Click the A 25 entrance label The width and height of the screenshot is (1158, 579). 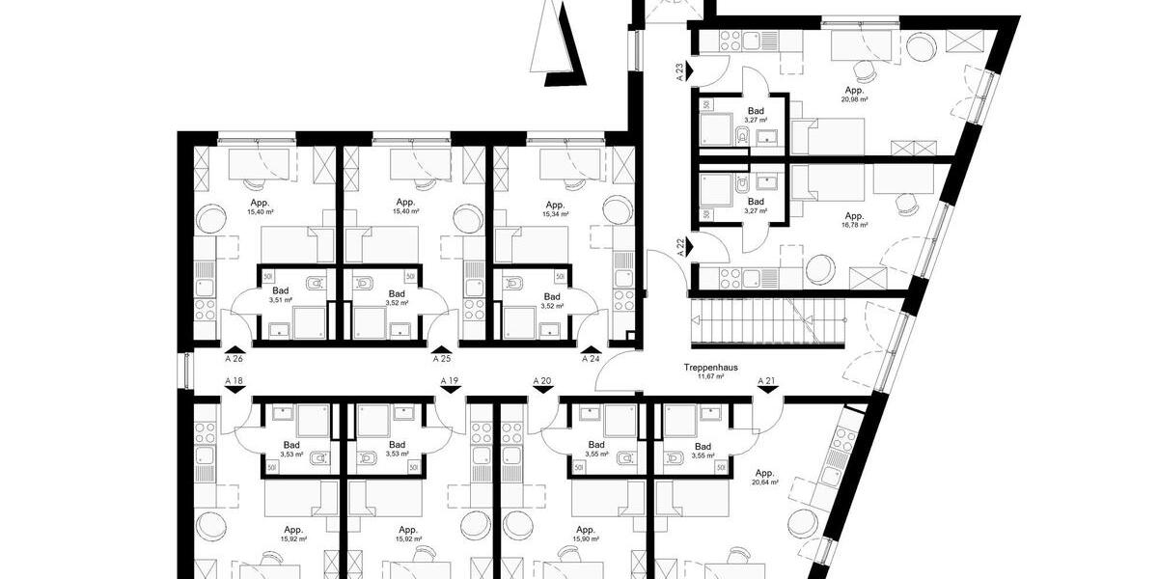coord(442,358)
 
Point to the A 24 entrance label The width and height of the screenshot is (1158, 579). coord(591,358)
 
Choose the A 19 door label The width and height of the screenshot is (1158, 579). coord(449,381)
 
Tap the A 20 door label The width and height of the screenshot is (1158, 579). coord(542,381)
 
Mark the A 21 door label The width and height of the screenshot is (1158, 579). coord(767,381)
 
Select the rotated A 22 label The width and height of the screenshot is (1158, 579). coord(679,247)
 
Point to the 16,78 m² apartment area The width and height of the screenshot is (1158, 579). coord(855,225)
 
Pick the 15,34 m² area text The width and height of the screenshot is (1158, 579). coord(555,213)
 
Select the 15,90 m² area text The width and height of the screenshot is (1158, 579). coord(585,539)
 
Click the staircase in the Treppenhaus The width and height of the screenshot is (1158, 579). coord(767,323)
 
